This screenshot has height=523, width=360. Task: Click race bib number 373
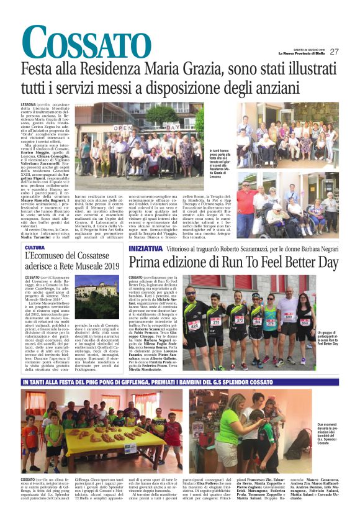[x=238, y=321]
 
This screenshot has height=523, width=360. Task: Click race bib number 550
[x=304, y=322]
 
